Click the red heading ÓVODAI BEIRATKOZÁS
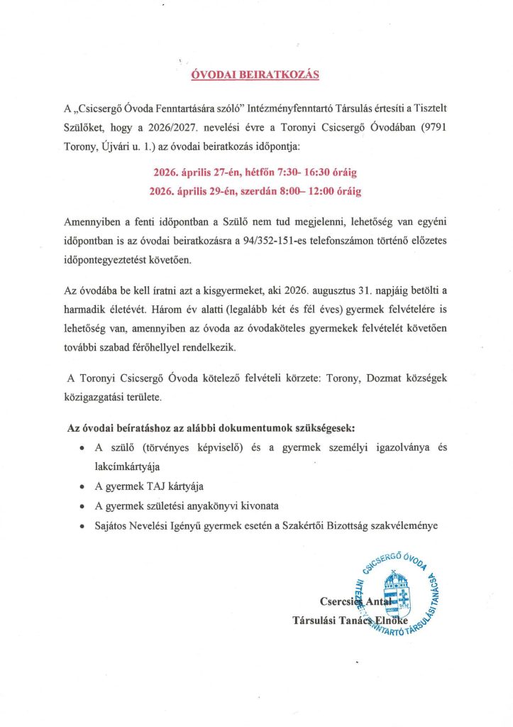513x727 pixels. tap(256, 74)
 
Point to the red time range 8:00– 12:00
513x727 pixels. tap(294, 191)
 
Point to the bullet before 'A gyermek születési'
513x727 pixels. tap(83, 506)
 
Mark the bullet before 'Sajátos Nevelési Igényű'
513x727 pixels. tap(83, 527)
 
